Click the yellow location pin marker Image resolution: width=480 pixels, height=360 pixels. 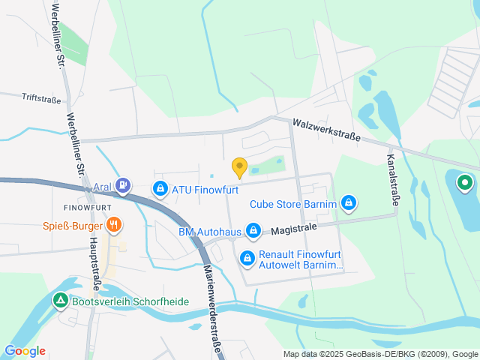pos(239,167)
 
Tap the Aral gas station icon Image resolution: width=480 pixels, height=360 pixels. pos(124,184)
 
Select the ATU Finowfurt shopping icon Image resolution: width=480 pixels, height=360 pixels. pos(160,189)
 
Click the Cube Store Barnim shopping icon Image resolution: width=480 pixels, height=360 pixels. pos(348,202)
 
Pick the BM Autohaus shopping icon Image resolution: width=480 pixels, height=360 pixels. pos(254,230)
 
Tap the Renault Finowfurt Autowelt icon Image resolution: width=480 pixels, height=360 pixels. pos(247,259)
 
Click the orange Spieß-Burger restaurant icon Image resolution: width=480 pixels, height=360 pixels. pos(114,223)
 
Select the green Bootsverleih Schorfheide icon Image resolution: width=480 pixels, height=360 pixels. pos(60,301)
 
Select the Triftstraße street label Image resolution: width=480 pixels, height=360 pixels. pos(42,97)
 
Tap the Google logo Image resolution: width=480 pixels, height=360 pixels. pos(25,351)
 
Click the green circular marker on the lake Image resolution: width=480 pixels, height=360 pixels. pos(464,181)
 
